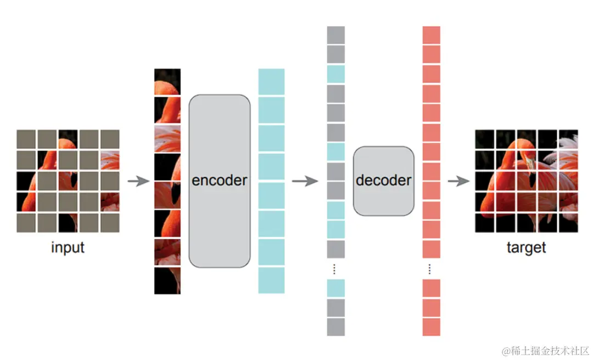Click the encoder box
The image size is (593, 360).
[x=219, y=181]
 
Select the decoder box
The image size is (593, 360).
[x=383, y=181]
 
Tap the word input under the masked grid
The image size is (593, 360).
[x=68, y=248]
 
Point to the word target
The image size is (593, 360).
[x=526, y=248]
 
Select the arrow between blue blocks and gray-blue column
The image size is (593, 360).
[x=305, y=181]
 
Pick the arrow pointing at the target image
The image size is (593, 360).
[x=460, y=181]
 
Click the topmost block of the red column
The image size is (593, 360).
[x=431, y=35]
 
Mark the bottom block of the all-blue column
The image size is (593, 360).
[x=271, y=280]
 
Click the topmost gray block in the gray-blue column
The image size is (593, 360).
[x=335, y=35]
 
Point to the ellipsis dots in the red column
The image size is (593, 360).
[x=430, y=269]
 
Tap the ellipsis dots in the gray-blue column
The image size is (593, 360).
[x=335, y=269]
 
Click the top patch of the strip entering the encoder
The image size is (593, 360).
[x=167, y=82]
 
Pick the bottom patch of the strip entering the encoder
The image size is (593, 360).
[x=167, y=280]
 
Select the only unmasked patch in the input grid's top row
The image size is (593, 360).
[x=68, y=139]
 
